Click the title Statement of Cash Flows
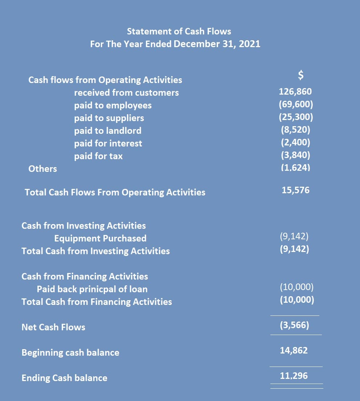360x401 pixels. (179, 31)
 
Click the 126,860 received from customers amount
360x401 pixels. (295, 91)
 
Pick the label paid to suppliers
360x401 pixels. (109, 118)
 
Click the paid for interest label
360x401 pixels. (108, 144)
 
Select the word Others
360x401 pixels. (43, 169)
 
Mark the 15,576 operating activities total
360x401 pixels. (295, 191)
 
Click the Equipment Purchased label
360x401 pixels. (101, 238)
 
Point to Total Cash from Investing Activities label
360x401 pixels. (95, 251)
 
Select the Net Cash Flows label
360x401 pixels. (53, 327)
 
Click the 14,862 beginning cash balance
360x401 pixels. (294, 351)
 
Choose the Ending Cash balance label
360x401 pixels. (64, 378)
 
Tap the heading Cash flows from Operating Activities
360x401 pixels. (105, 80)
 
